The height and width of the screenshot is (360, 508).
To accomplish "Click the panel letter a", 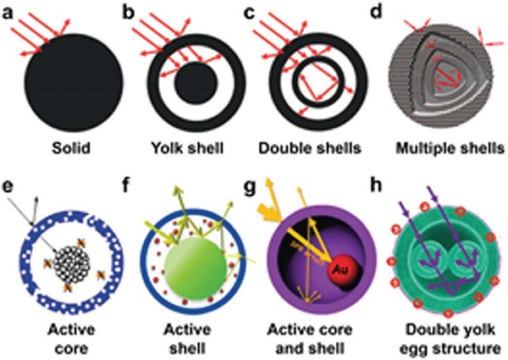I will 9,10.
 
